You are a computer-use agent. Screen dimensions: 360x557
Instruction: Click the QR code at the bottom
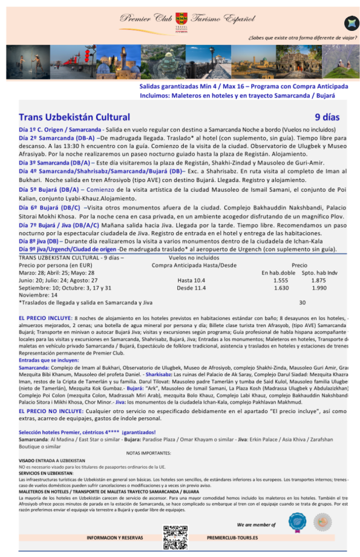[172, 537]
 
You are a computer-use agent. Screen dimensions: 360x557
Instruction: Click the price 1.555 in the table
[281, 280]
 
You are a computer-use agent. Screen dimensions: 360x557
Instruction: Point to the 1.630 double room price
[281, 288]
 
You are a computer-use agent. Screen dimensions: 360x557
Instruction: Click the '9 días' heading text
[327, 117]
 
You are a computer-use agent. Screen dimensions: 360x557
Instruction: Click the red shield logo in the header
[181, 19]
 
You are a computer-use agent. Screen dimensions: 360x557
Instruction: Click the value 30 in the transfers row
[302, 302]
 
